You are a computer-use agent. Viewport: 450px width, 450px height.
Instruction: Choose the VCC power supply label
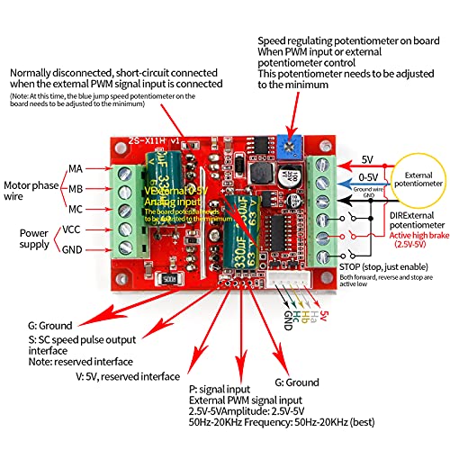point(72,229)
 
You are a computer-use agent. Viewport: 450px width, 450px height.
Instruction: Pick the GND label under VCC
point(72,249)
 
